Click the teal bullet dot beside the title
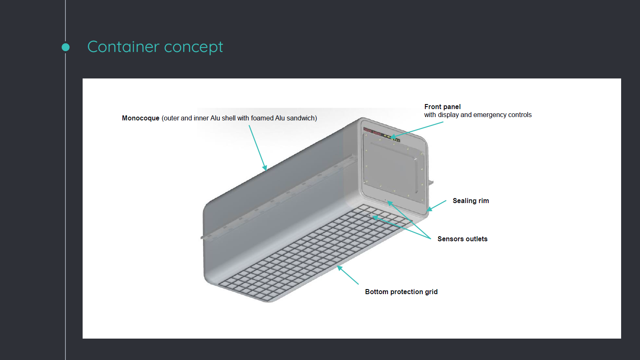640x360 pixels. [x=65, y=47]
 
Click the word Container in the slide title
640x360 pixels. [x=123, y=47]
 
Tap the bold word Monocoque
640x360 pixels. [x=140, y=118]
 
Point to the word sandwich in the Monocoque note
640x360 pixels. [x=301, y=118]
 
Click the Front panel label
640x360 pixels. [x=442, y=107]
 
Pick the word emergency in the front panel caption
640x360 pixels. [x=490, y=115]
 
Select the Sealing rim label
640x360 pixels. [x=471, y=201]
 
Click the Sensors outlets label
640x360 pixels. [x=462, y=239]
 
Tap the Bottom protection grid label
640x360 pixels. [x=401, y=292]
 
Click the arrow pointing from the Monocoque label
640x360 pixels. [x=258, y=147]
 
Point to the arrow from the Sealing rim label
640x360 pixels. [x=437, y=206]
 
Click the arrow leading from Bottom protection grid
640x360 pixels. [x=348, y=275]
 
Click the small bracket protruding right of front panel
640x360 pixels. [x=431, y=182]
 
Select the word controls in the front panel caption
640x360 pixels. [x=520, y=115]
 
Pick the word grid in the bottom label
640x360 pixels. [x=431, y=292]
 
